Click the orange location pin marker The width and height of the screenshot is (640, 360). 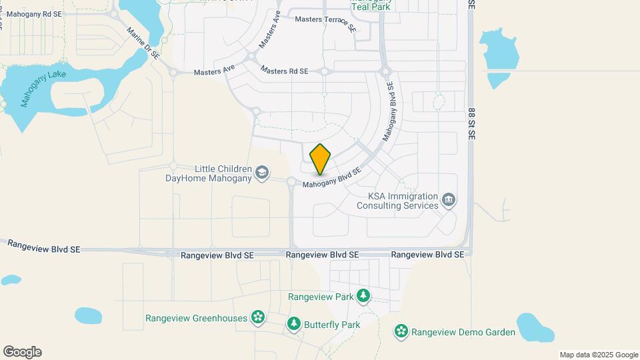(x=321, y=159)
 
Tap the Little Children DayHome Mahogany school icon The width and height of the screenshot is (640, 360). (x=263, y=173)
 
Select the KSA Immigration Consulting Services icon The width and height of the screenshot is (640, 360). (x=449, y=200)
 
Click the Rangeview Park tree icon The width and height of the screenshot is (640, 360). (x=363, y=295)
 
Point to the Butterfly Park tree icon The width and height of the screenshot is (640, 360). (x=293, y=324)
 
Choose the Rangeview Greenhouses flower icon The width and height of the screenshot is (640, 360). (x=258, y=318)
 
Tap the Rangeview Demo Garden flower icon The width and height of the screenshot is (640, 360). (x=401, y=331)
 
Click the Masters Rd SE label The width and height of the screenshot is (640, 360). (x=285, y=70)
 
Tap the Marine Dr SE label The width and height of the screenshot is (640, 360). (x=143, y=43)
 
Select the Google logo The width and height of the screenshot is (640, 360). (x=22, y=352)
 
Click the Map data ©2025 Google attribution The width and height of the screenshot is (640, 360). (x=598, y=355)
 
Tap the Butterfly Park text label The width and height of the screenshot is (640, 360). (x=332, y=325)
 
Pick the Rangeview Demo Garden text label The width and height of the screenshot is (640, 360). (x=463, y=332)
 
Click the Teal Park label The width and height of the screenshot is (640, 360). (x=371, y=8)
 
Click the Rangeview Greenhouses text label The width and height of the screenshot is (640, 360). (x=196, y=318)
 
